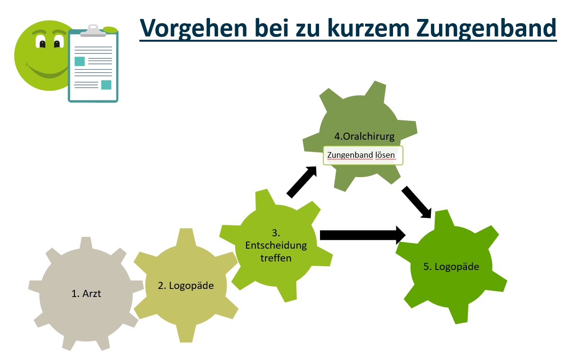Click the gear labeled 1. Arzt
click(x=86, y=294)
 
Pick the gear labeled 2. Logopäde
click(x=185, y=285)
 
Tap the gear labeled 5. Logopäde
click(x=451, y=267)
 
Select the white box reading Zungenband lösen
click(x=363, y=155)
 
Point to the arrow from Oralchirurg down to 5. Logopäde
click(x=416, y=202)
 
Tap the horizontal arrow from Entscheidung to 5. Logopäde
click(x=363, y=234)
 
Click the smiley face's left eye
click(x=43, y=44)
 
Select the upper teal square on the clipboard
click(x=80, y=61)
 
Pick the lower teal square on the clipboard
click(x=106, y=85)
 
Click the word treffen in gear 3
click(x=275, y=258)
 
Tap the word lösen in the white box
click(x=385, y=155)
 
